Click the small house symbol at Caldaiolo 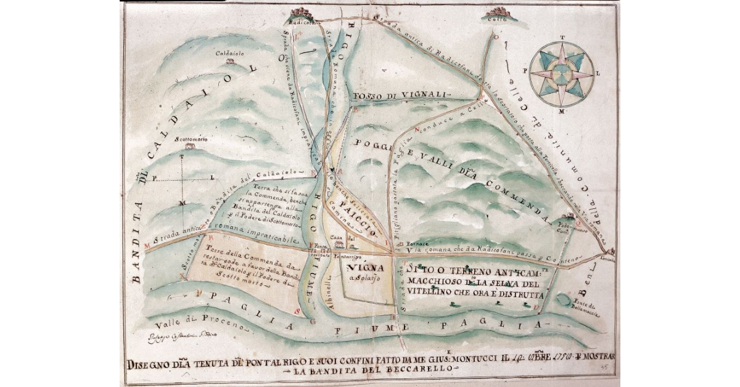229,61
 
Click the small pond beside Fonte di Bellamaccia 562,299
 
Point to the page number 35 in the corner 609,366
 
